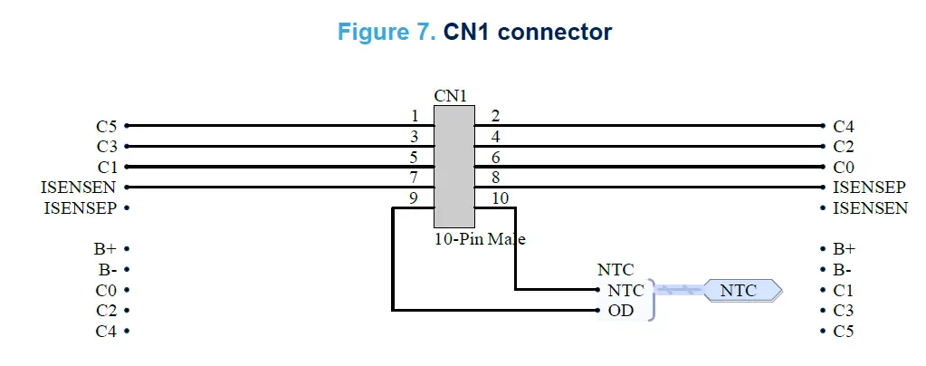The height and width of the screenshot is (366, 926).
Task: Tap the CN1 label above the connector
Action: pyautogui.click(x=452, y=95)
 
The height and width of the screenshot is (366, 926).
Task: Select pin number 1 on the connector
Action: pyautogui.click(x=415, y=116)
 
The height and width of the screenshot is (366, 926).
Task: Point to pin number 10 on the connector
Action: pyautogui.click(x=500, y=198)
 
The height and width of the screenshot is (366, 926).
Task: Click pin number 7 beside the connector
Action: pyautogui.click(x=415, y=178)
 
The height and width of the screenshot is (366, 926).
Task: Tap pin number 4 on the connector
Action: pyautogui.click(x=495, y=137)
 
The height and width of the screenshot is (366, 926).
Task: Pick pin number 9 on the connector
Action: pyautogui.click(x=415, y=198)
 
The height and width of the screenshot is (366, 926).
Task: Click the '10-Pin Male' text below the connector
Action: pyautogui.click(x=480, y=240)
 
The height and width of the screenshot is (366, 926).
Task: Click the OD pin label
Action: pyautogui.click(x=620, y=311)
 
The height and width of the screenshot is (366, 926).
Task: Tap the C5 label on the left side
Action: pyautogui.click(x=107, y=126)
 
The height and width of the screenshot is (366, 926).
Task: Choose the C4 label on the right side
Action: pyautogui.click(x=844, y=126)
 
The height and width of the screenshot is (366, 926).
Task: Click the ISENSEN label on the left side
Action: pyautogui.click(x=78, y=188)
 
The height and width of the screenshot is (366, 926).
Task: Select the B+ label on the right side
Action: pyautogui.click(x=844, y=248)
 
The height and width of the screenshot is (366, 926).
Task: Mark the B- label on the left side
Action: pyautogui.click(x=107, y=269)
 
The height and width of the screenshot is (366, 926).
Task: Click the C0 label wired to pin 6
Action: pyautogui.click(x=844, y=168)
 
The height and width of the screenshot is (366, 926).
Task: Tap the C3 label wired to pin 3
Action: pyautogui.click(x=107, y=147)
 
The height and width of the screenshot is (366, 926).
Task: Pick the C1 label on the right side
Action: pyautogui.click(x=844, y=290)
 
